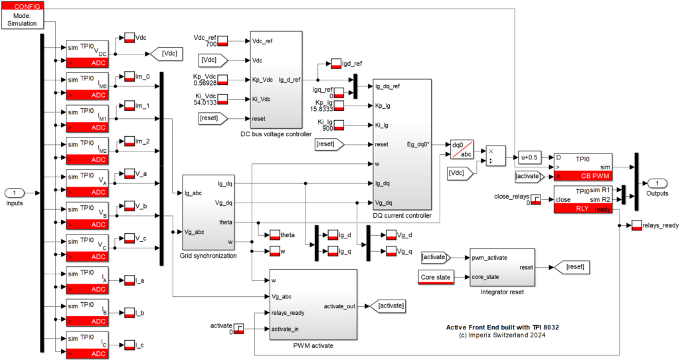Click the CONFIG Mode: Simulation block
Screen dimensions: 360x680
pos(23,15)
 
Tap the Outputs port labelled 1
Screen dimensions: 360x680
pos(657,183)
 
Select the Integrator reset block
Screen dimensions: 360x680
pos(501,267)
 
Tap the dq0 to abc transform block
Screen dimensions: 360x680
pos(462,149)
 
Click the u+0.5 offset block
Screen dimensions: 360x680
pos(531,157)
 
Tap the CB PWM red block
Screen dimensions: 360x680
pos(582,175)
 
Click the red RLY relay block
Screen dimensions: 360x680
pos(582,208)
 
